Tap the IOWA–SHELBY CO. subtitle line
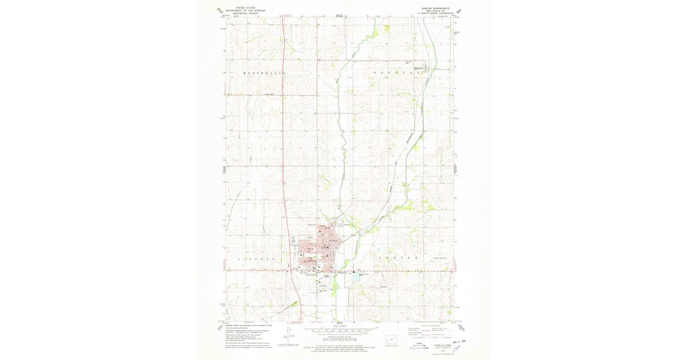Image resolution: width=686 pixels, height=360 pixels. (x=435, y=11)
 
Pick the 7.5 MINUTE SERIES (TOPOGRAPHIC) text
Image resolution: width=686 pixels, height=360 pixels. (x=435, y=14)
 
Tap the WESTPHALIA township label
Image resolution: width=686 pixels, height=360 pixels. (x=264, y=74)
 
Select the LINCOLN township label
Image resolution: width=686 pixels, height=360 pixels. (x=255, y=259)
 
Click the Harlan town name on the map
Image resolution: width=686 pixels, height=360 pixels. (x=312, y=261)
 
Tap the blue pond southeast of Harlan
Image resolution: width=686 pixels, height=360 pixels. (x=378, y=250)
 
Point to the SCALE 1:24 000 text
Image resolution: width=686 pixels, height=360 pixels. (x=340, y=326)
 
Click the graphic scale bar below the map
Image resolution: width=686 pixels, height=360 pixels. (x=340, y=330)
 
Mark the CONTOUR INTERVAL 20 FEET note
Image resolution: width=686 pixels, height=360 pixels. (x=340, y=337)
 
